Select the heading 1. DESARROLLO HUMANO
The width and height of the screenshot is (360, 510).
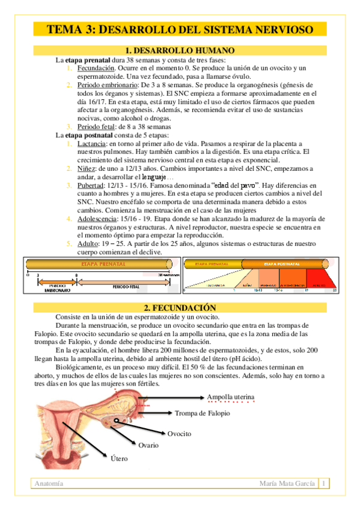point(180,51)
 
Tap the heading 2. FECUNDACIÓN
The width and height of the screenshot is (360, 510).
point(180,307)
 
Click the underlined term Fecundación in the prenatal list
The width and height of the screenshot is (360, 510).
point(96,69)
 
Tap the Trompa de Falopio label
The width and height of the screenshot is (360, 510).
point(202,413)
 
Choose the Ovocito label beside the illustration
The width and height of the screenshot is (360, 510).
point(179,434)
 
